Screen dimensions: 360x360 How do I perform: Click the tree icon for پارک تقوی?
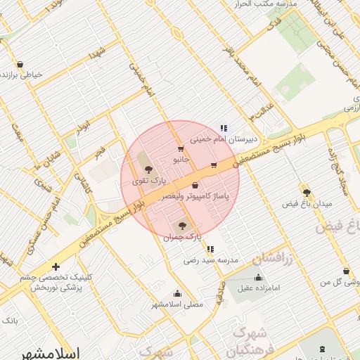tap(148, 169)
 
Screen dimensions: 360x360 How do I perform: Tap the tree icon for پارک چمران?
tap(182, 226)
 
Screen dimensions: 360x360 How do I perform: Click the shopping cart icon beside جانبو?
tap(181, 148)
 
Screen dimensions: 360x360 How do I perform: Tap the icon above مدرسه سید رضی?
tap(210, 248)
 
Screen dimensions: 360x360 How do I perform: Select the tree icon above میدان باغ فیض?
tap(306, 191)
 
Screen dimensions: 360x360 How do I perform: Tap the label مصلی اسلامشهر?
tap(177, 305)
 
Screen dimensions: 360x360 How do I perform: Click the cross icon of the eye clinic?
tap(56, 266)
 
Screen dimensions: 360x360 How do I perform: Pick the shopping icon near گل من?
tap(346, 271)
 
